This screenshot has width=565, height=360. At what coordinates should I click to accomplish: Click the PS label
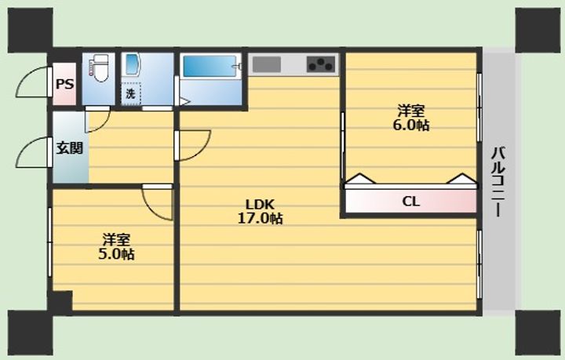pyautogui.click(x=65, y=84)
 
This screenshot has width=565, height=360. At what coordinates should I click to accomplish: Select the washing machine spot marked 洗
pyautogui.click(x=130, y=93)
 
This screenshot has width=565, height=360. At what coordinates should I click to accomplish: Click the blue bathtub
pyautogui.click(x=210, y=66)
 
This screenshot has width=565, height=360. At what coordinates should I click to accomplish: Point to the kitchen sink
pyautogui.click(x=267, y=64)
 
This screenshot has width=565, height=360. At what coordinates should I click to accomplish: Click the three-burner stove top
pyautogui.click(x=321, y=64)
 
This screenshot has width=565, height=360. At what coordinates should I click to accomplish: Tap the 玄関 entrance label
pyautogui.click(x=70, y=148)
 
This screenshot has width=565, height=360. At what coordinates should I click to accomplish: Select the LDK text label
pyautogui.click(x=260, y=205)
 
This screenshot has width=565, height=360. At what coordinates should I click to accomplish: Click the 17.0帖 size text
pyautogui.click(x=260, y=218)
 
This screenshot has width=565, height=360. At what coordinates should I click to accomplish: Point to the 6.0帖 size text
pyautogui.click(x=410, y=125)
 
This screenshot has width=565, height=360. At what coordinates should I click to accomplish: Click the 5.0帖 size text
pyautogui.click(x=116, y=254)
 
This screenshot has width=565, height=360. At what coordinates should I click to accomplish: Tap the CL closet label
pyautogui.click(x=410, y=202)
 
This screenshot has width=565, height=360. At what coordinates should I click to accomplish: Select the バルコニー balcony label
pyautogui.click(x=499, y=182)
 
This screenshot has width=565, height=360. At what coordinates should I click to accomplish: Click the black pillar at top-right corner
pyautogui.click(x=538, y=31)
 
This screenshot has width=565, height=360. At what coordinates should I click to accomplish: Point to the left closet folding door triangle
pyautogui.click(x=360, y=179)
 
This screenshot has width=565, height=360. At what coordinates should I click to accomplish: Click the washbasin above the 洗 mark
pyautogui.click(x=130, y=65)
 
